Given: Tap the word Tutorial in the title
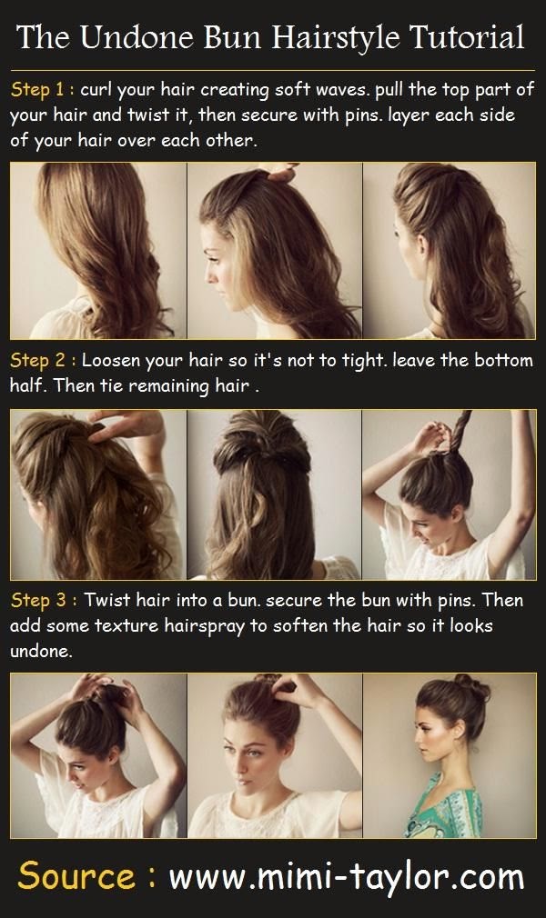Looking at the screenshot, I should (465, 37).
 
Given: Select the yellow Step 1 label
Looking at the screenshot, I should (42, 91).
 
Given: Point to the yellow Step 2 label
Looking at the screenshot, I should (42, 361).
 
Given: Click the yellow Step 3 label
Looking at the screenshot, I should (42, 602).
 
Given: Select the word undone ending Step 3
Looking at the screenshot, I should (39, 653).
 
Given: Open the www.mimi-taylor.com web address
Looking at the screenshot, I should (346, 877).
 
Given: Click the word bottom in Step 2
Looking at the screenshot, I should (500, 361).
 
